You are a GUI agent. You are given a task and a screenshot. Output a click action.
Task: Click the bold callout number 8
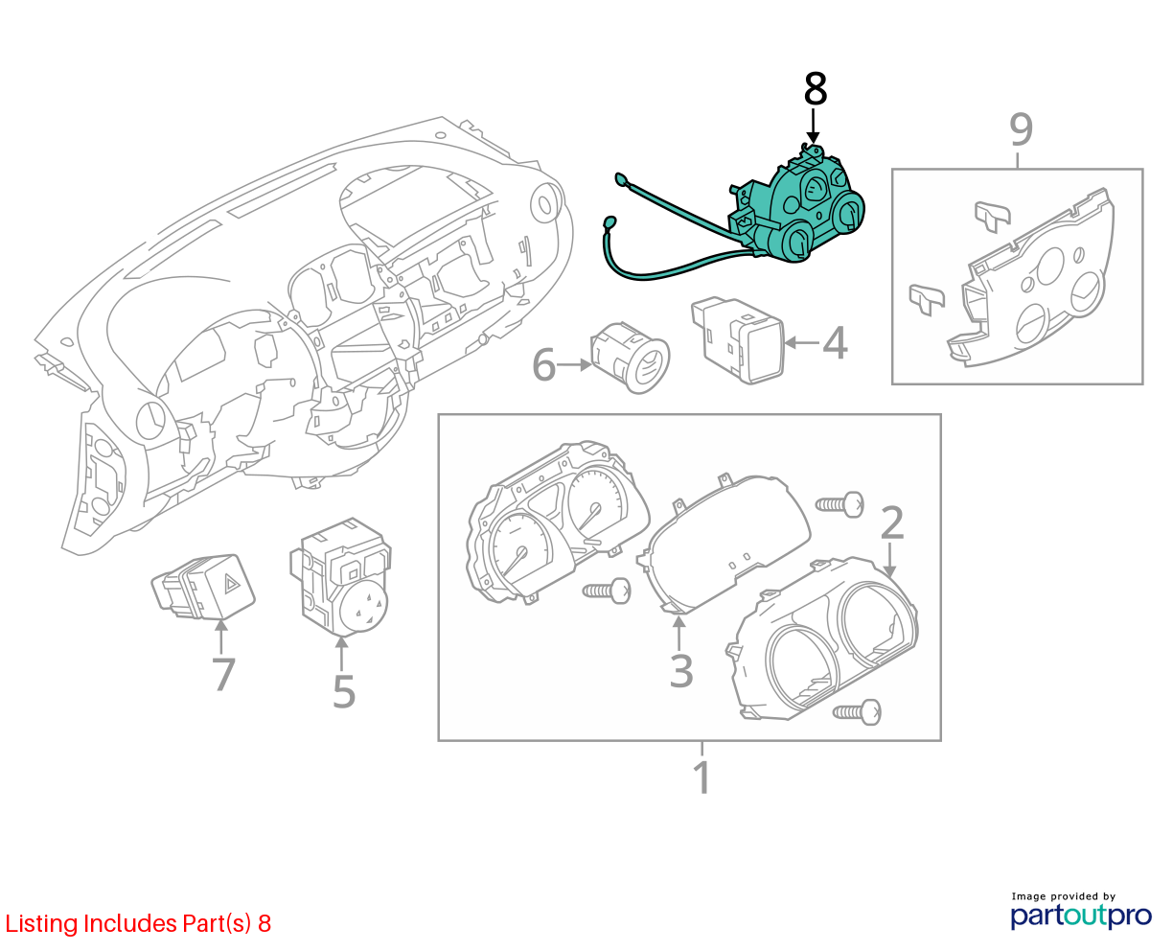815,89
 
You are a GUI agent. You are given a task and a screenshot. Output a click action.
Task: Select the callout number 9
1021,129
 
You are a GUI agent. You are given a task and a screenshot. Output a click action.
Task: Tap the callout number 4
835,342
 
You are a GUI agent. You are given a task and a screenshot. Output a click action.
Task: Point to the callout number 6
544,364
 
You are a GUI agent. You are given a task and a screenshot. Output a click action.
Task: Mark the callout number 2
892,522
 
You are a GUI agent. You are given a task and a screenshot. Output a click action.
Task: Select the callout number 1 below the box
701,777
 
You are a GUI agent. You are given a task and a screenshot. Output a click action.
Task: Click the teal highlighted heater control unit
793,215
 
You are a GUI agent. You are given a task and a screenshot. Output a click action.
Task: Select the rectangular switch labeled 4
738,340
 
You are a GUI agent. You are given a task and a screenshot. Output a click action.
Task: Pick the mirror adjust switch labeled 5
340,577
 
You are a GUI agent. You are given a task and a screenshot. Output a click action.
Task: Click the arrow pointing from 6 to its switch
574,364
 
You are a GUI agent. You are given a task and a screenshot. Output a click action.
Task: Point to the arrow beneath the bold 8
814,127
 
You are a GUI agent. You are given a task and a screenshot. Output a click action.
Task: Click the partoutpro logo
1081,916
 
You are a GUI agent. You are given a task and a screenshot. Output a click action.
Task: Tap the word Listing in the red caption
42,924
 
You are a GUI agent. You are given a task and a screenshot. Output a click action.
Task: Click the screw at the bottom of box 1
857,712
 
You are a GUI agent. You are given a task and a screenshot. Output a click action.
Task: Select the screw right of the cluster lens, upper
839,504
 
